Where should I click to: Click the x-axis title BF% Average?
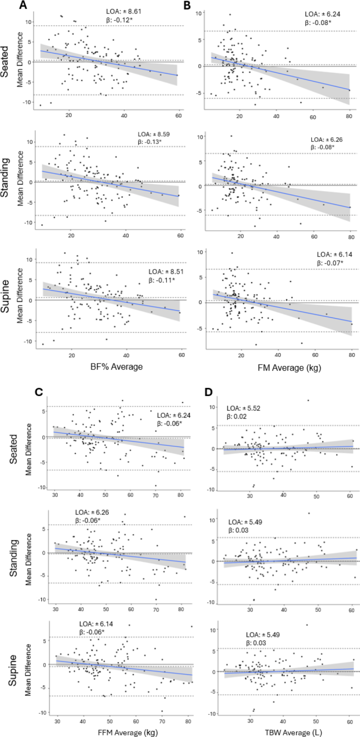(x=106, y=367)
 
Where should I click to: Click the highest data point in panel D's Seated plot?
(x=308, y=400)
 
